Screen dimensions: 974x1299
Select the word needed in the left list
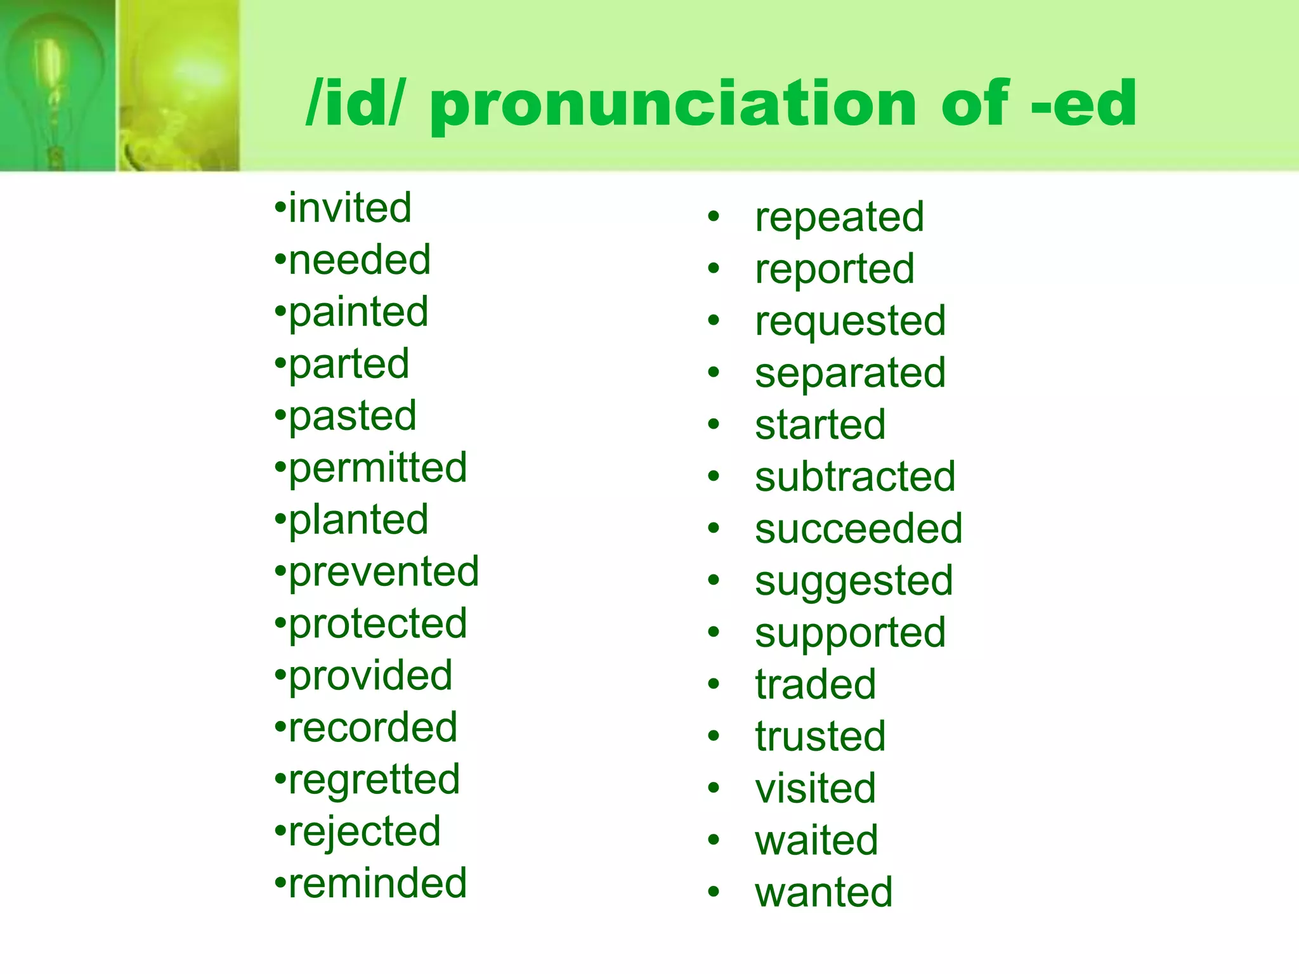(360, 260)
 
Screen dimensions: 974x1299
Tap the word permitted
(378, 468)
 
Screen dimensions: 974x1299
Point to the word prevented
(384, 572)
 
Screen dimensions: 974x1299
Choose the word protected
(378, 624)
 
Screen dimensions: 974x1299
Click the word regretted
(374, 780)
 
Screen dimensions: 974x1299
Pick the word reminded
(378, 883)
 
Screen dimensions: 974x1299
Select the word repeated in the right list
(839, 218)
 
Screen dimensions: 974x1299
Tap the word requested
(850, 321)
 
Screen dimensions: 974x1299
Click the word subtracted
(855, 477)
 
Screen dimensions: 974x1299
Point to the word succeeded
(858, 529)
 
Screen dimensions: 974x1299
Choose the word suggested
(854, 581)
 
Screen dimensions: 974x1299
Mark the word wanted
(824, 892)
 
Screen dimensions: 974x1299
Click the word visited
(816, 789)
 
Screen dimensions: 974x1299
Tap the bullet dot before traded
(714, 684)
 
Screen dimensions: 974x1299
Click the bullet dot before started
(714, 424)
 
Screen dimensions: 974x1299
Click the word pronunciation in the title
(673, 105)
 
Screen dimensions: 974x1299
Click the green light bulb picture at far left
(57, 86)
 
